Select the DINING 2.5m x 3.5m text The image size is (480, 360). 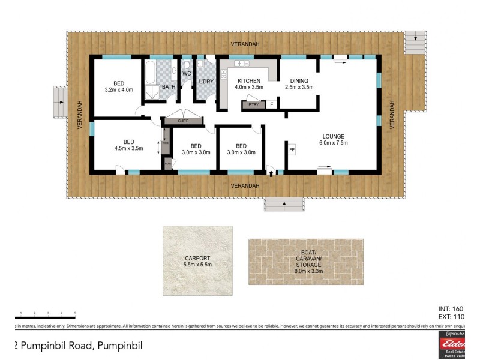(x=299, y=84)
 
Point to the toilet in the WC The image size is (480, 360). (x=187, y=64)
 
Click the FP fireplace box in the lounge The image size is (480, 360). (x=292, y=149)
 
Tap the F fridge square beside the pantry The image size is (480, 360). (x=271, y=104)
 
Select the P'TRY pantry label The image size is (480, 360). (x=250, y=105)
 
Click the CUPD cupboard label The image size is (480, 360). (x=183, y=121)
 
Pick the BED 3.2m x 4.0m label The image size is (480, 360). (x=118, y=86)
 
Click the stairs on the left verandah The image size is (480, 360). (x=59, y=104)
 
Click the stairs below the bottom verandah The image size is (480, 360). (x=284, y=205)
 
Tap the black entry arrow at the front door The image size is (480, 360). (x=271, y=173)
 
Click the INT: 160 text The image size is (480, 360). (x=452, y=308)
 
